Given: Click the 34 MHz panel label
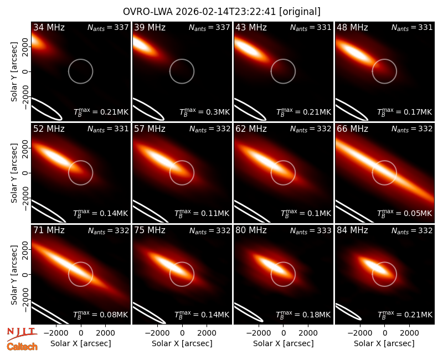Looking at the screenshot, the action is (x=49, y=27).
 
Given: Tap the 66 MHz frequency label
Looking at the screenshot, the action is (x=352, y=129).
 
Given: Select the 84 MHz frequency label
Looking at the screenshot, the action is (x=352, y=230).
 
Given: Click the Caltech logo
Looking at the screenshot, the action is (x=22, y=347).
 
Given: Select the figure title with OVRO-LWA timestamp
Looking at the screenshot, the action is (x=221, y=12).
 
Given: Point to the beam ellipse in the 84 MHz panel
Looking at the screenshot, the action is (x=348, y=312).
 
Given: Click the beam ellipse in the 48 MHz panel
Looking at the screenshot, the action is (x=352, y=110).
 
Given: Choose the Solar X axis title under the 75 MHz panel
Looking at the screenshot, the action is (x=182, y=343).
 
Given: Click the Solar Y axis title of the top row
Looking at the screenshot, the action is (x=14, y=72).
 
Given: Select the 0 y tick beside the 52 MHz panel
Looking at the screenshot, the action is (x=25, y=173).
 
